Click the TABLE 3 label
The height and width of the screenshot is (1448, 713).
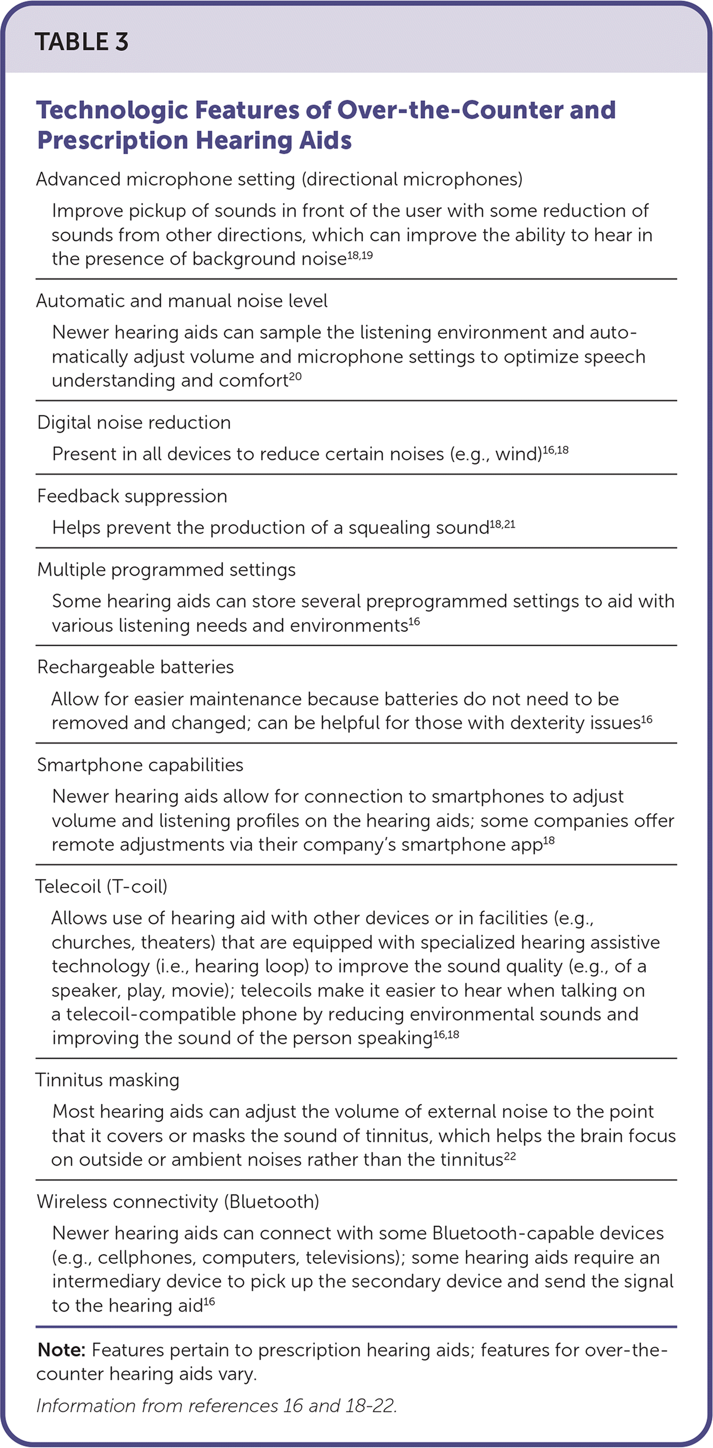click(81, 42)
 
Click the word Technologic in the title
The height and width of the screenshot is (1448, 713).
click(111, 110)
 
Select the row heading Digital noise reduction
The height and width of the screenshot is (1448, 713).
click(134, 423)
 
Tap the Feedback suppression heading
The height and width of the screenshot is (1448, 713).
click(132, 496)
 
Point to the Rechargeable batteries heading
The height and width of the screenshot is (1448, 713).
click(135, 667)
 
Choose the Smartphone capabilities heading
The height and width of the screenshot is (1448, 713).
click(140, 765)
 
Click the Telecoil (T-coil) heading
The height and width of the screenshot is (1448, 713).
click(101, 887)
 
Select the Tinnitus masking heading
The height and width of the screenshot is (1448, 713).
click(107, 1080)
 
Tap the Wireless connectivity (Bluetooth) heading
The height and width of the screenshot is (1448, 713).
click(178, 1202)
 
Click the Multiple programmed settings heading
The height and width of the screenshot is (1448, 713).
click(166, 570)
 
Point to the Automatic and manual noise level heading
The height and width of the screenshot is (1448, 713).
click(182, 301)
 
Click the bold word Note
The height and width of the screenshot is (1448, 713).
click(61, 1350)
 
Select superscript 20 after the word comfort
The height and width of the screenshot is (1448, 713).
click(295, 376)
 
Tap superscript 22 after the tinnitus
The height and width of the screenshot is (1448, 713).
click(510, 1155)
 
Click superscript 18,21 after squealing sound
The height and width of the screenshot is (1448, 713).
click(502, 523)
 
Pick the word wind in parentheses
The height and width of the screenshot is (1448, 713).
click(517, 455)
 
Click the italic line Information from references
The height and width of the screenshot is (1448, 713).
click(217, 1406)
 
